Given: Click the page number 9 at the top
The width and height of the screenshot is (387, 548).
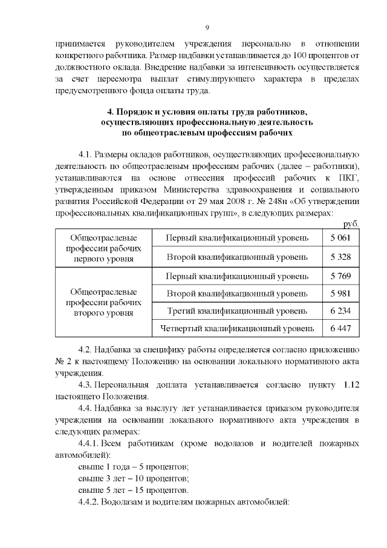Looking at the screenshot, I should coord(207,28).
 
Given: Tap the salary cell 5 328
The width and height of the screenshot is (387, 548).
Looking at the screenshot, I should coord(340,257).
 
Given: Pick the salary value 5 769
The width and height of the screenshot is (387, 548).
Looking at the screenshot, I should coord(340,277).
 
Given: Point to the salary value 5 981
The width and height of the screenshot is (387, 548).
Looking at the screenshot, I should coord(340,294).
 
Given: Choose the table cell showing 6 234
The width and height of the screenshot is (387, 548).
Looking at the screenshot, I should coord(340,311).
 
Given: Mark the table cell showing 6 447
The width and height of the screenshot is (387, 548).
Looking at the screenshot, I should coord(340,328).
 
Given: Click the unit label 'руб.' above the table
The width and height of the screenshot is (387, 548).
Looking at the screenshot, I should coord(351,223).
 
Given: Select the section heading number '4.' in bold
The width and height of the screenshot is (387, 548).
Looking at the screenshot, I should coord(110,112).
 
